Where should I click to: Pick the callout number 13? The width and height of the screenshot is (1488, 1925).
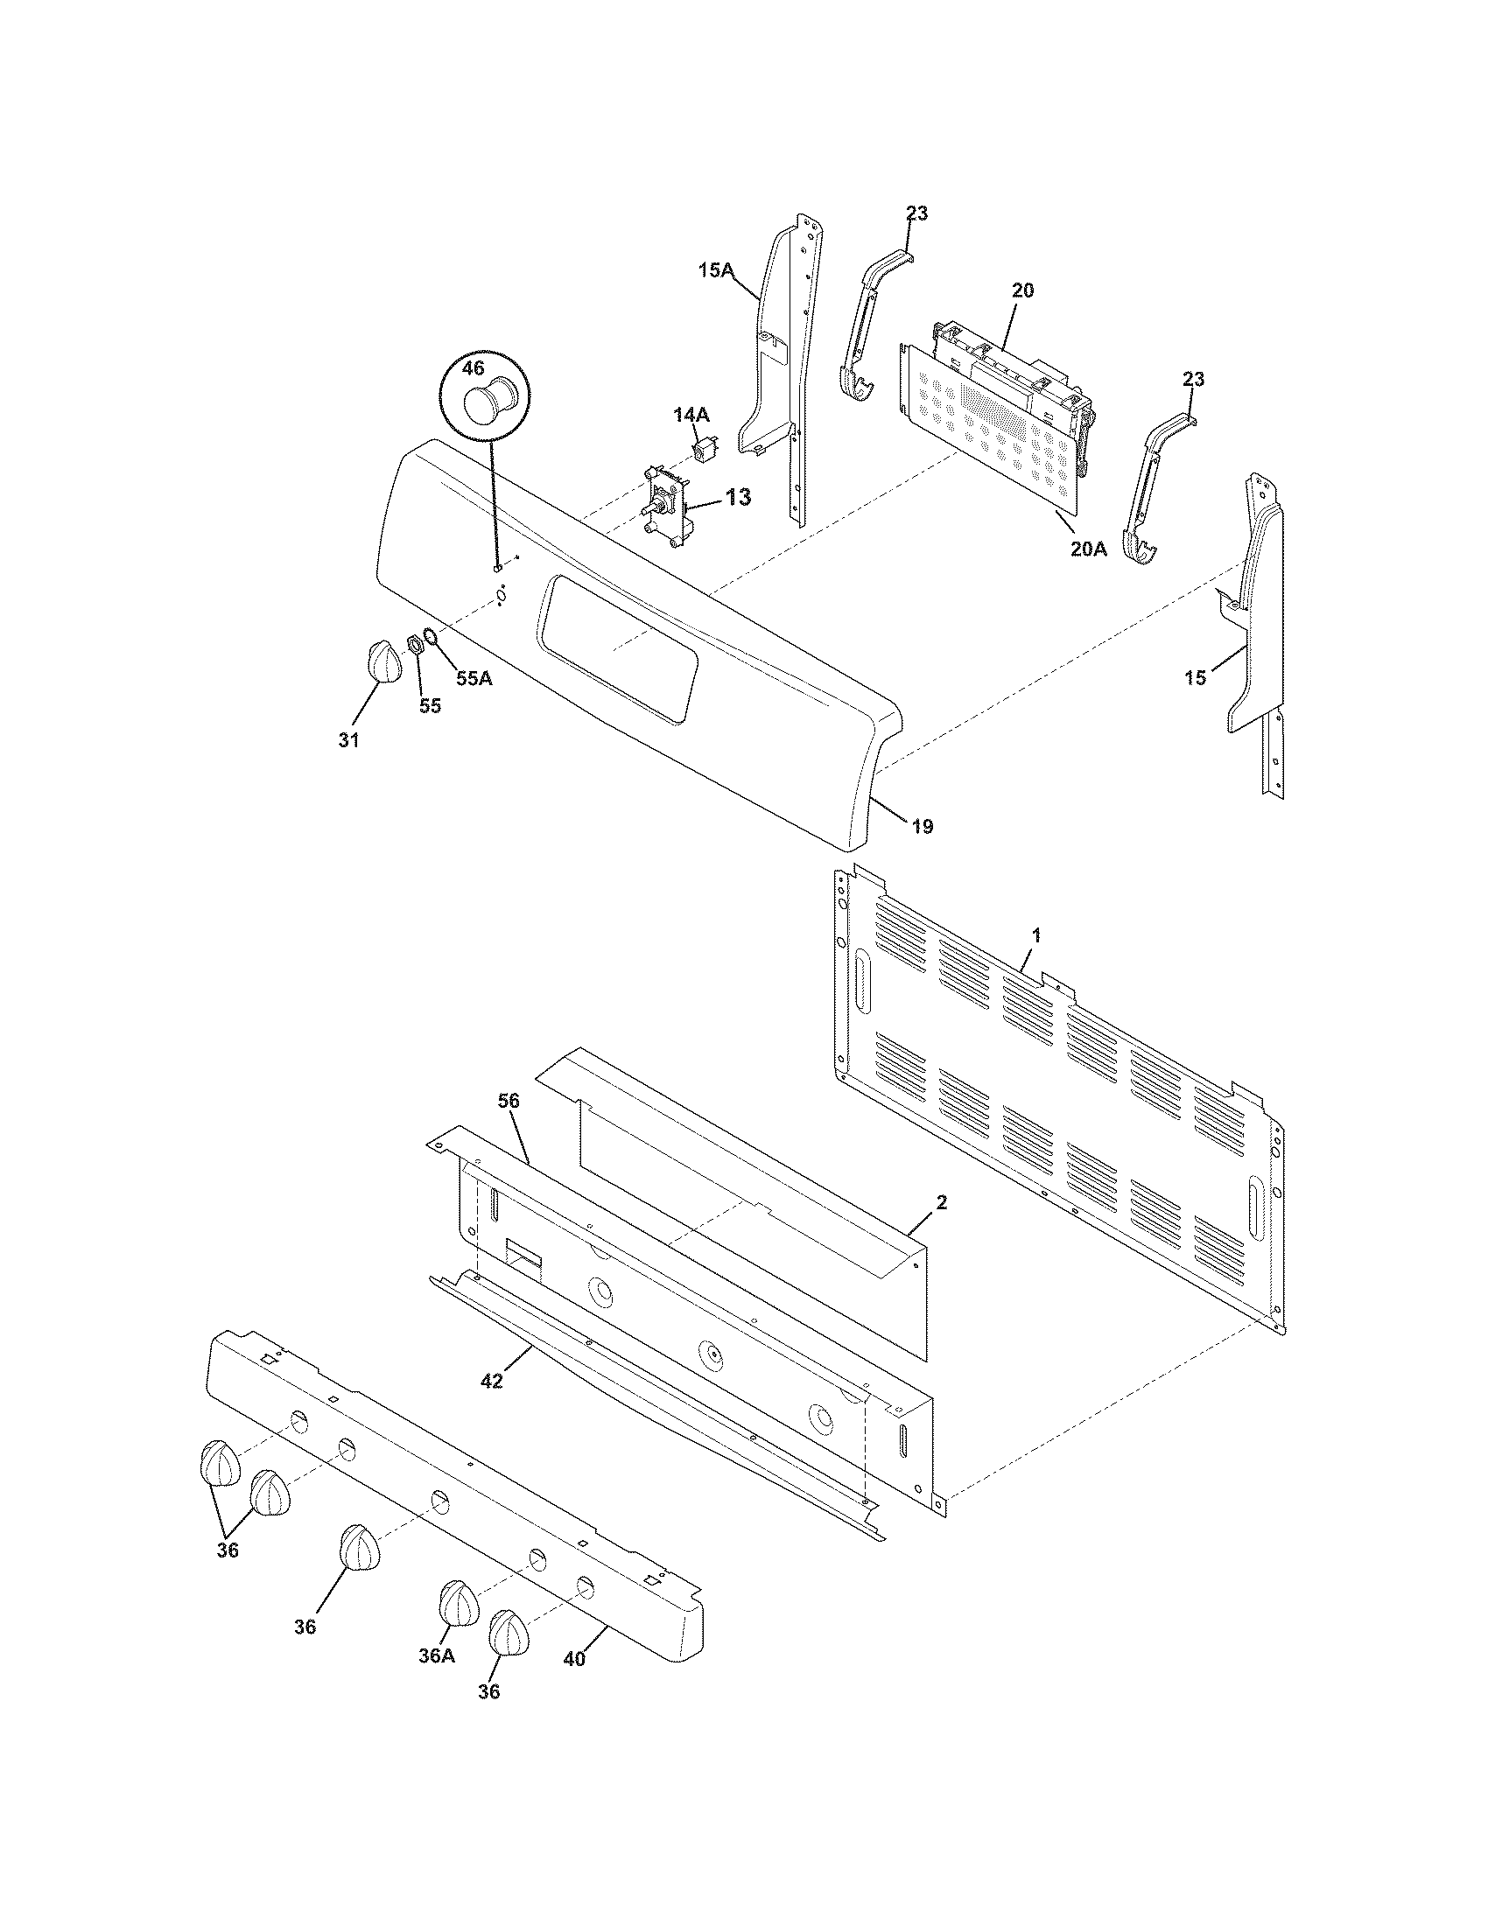[739, 498]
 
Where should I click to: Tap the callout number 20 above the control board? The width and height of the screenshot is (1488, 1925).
[1022, 290]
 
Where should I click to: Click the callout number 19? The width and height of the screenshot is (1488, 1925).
[922, 827]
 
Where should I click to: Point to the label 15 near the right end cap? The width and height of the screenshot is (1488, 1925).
[1195, 679]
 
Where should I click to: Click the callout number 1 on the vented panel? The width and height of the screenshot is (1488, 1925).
[1036, 936]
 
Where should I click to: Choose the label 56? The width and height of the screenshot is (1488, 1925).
[509, 1101]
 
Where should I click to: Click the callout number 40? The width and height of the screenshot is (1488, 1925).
[574, 1659]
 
